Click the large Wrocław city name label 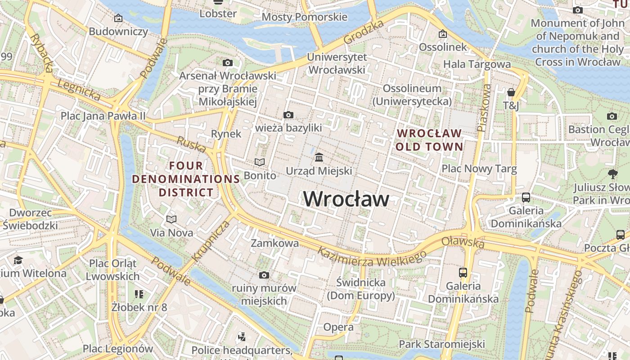click(346, 199)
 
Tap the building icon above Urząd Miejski click(319, 157)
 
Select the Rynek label click(226, 134)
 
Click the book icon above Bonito click(260, 162)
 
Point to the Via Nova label click(171, 233)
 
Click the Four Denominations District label click(186, 179)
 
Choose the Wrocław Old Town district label click(429, 140)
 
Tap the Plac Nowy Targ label click(479, 169)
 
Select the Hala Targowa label click(477, 64)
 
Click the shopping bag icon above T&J click(511, 92)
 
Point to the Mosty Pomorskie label click(304, 17)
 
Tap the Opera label click(338, 327)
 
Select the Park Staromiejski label click(441, 344)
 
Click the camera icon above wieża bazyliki click(288, 115)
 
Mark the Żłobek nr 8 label click(139, 307)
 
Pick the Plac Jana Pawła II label click(103, 116)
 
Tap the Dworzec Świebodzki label click(31, 219)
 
